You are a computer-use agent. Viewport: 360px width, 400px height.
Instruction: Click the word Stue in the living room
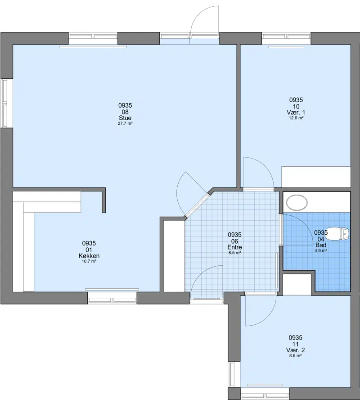tap(125, 118)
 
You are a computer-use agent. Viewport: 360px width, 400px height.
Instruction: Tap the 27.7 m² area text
tap(125, 123)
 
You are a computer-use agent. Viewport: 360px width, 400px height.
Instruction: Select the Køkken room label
tap(89, 256)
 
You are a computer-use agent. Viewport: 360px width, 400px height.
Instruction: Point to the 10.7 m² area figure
tap(89, 261)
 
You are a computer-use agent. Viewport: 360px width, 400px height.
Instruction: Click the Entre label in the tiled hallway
tap(234, 247)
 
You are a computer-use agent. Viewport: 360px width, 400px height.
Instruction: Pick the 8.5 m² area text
tap(234, 253)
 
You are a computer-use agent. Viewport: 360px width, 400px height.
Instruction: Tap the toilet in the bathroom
tap(337, 234)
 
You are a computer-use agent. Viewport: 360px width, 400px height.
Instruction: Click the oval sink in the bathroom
tap(297, 203)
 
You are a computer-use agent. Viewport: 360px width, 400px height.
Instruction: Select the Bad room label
tap(321, 245)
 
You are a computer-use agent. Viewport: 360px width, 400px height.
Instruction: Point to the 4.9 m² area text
tap(321, 250)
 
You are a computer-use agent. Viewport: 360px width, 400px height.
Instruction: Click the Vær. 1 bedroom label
tap(296, 113)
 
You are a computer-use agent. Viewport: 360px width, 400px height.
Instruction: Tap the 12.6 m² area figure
tap(296, 118)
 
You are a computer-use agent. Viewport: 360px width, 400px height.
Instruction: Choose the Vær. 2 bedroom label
tap(295, 350)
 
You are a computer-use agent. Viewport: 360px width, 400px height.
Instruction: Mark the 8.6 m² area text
tap(295, 355)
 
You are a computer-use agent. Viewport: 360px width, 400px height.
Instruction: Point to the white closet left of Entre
tap(174, 256)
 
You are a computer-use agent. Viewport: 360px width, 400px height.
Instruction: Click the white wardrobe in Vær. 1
tap(316, 177)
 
